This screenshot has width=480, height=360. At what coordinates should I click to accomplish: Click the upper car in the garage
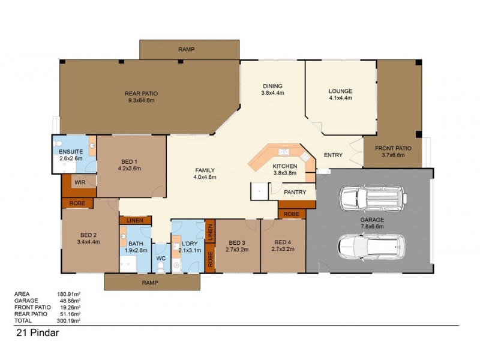point(371,198)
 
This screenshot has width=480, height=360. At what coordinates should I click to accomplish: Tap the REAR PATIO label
point(141,94)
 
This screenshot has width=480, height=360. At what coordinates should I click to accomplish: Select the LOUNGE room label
point(340,92)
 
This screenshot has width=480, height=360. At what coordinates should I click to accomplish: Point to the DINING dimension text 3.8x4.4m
point(272,93)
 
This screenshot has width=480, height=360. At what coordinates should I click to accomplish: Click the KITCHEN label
point(284,166)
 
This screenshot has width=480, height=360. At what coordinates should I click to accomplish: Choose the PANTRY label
point(295,193)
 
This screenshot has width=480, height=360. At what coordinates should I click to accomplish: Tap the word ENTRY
point(333,155)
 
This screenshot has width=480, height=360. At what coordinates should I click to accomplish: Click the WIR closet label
point(79,182)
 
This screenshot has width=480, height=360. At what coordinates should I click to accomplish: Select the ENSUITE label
point(70,151)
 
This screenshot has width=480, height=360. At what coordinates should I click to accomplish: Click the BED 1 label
point(129,162)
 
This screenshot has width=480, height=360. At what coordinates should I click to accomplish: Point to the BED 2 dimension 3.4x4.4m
point(88,242)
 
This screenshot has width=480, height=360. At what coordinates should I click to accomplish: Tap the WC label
point(160,259)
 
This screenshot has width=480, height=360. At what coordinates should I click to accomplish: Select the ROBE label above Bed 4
point(292,214)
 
